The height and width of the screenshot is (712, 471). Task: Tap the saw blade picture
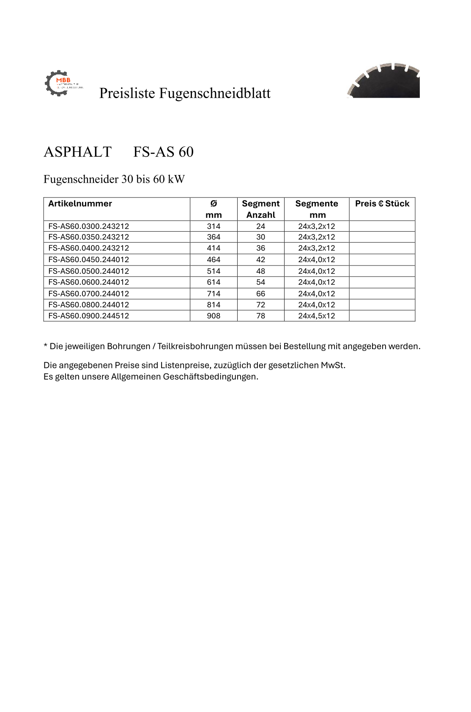tap(383, 81)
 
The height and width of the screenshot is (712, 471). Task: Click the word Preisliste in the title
tap(127, 93)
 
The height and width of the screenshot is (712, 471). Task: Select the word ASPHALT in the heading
tap(77, 152)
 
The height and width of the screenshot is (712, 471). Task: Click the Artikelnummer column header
tap(80, 204)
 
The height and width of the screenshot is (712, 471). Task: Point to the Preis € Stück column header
tap(382, 204)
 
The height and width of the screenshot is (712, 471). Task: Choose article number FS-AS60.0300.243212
tap(89, 226)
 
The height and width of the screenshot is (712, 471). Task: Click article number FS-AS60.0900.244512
tap(89, 316)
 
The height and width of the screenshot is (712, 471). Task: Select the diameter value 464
tap(214, 260)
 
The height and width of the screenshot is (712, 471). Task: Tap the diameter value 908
tap(214, 316)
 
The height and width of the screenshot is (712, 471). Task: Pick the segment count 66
tap(260, 293)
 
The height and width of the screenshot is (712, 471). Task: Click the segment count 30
tap(260, 237)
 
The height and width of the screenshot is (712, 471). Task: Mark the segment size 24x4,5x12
tap(316, 316)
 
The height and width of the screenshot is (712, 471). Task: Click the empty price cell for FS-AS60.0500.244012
tap(382, 271)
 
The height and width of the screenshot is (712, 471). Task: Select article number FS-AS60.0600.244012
tap(89, 282)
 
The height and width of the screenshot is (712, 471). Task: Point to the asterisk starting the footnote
tap(45, 346)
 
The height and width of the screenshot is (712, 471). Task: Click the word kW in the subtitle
tap(176, 179)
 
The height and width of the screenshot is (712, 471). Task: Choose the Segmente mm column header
tap(317, 209)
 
